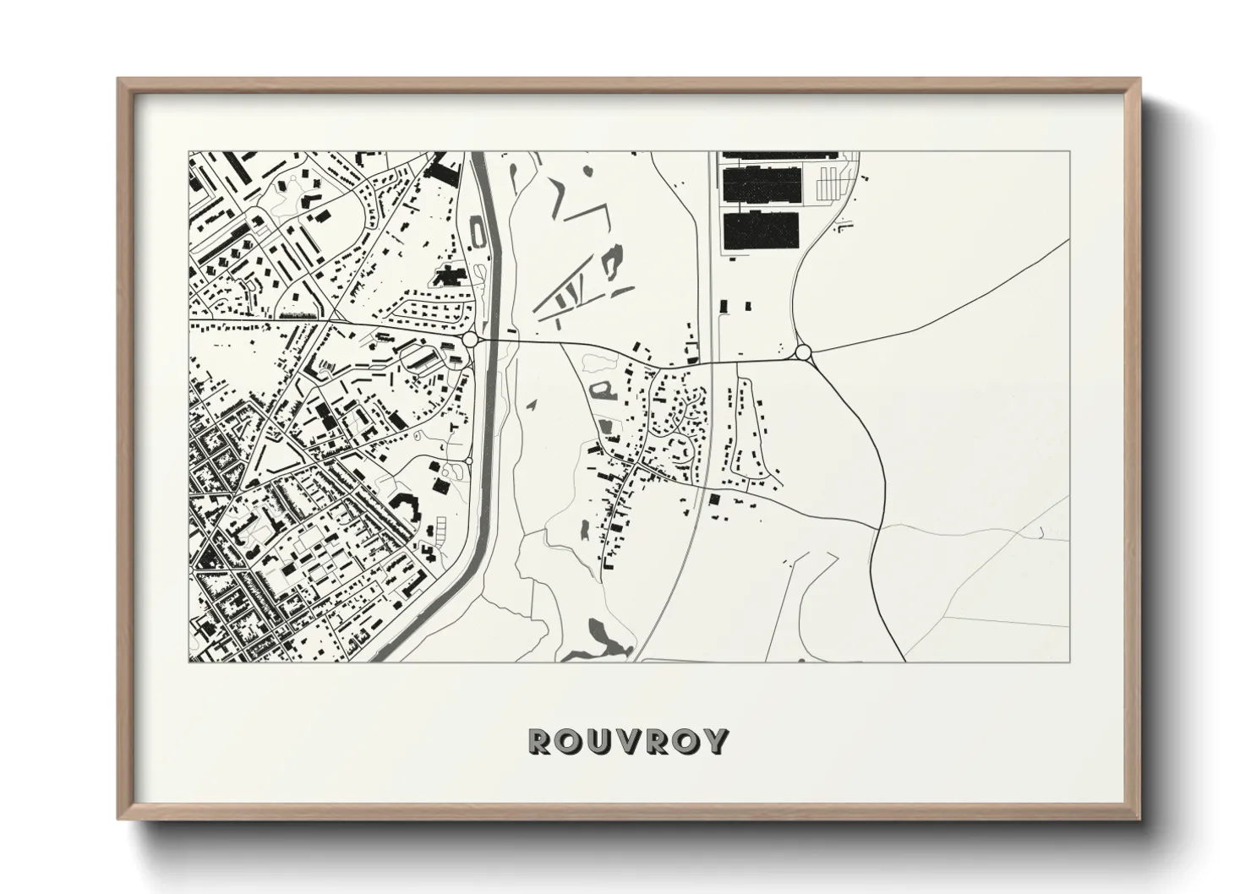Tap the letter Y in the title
coord(717,741)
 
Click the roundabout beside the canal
coord(470,339)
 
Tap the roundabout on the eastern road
coord(803,352)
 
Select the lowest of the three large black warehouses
coord(760,230)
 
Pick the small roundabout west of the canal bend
coord(468,461)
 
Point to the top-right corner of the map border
coord(1069,152)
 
